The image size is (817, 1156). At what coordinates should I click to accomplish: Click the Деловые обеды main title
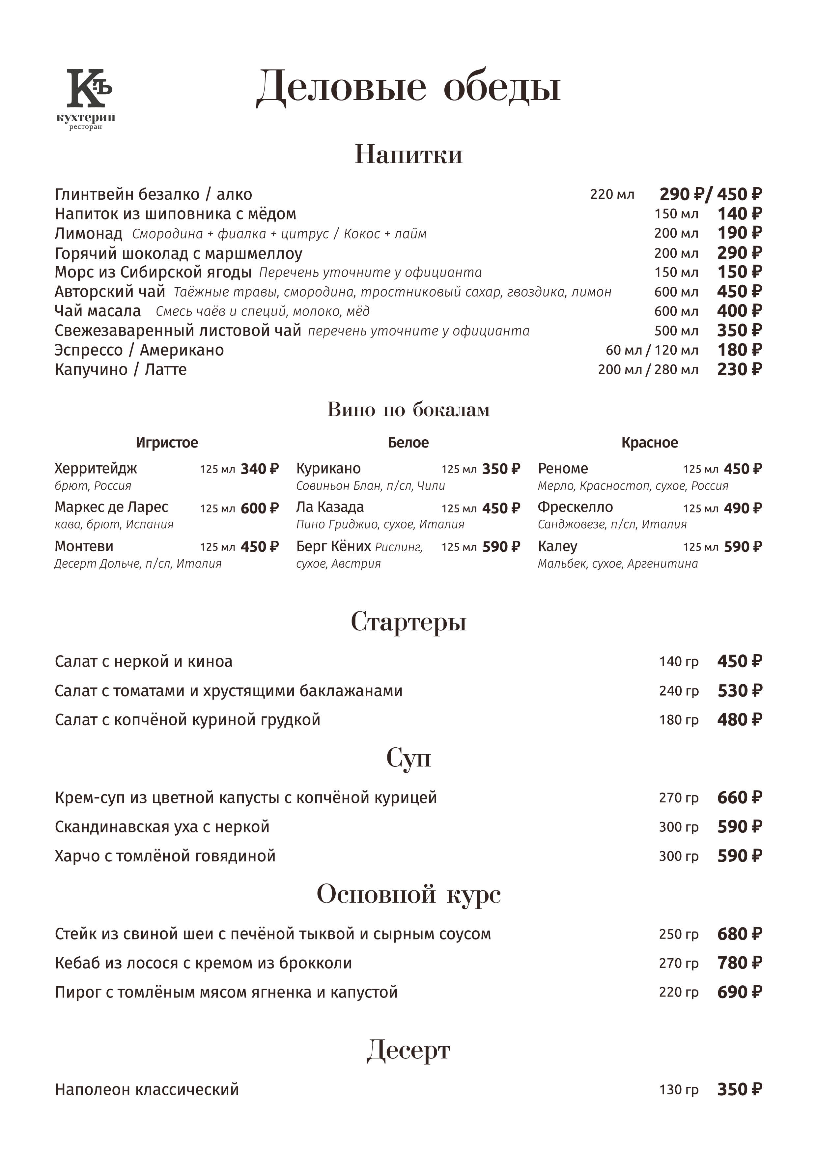408,87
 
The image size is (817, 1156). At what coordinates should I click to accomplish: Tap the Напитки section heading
408,154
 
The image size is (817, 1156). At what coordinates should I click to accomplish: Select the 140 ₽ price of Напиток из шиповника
739,214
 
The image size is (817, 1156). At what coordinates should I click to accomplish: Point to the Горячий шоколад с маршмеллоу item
178,253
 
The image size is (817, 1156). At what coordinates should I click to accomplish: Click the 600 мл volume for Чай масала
676,311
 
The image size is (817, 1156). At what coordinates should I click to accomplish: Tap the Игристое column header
167,443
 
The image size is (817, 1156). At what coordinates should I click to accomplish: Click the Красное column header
649,443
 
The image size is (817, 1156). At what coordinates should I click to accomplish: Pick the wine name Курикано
328,469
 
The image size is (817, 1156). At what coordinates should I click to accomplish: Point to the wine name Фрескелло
575,507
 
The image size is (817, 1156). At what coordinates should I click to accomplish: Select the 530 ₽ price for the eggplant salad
739,691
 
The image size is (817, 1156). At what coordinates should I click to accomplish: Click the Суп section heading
408,757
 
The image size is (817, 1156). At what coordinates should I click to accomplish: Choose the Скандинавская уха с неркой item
162,827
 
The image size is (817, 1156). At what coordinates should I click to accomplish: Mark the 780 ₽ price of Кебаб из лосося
739,963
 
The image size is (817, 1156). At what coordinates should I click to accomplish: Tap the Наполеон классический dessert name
147,1089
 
